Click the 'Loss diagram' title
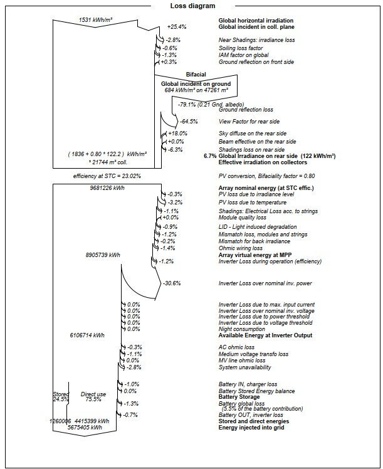192,6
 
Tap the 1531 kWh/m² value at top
96,19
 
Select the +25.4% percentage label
177,27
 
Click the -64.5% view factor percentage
189,121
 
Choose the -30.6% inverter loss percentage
172,283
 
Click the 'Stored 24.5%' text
61,396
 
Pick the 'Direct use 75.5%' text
93,396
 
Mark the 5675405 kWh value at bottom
85,427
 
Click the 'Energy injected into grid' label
251,427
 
